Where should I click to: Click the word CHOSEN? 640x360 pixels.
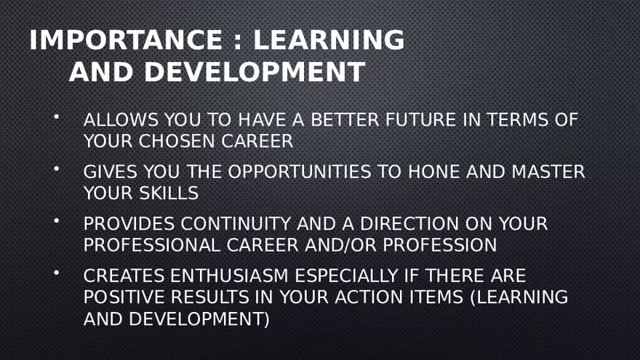pos(184,141)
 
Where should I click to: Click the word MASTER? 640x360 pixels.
pos(548,172)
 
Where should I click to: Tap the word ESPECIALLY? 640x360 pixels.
pos(352,276)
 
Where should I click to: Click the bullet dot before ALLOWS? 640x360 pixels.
pos(55,116)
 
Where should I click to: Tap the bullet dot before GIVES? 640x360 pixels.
pos(55,169)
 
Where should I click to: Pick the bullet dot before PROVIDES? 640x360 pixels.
pos(55,220)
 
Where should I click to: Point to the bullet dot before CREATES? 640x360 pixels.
pos(55,273)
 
